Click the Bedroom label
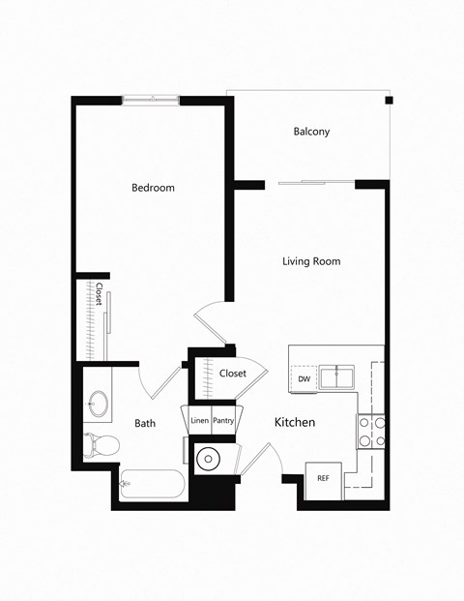tap(153, 188)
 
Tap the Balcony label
tap(311, 132)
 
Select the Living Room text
tap(311, 261)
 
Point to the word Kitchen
tap(295, 423)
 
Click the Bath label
tap(145, 423)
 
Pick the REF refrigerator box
tap(323, 479)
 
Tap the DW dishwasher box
tap(304, 378)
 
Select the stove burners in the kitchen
tap(372, 431)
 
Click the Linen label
tap(199, 421)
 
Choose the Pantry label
tap(223, 421)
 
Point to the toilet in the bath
tap(101, 446)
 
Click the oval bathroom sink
tap(99, 405)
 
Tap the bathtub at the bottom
tap(152, 483)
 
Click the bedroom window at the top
tap(150, 99)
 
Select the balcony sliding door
tap(316, 182)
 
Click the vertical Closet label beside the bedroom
tap(99, 295)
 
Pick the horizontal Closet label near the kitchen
tap(233, 374)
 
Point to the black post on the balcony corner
tap(388, 101)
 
